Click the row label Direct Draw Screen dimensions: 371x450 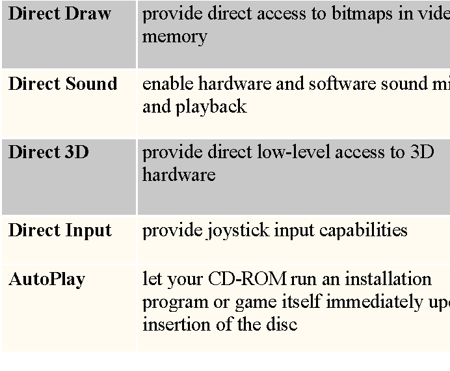[59, 14]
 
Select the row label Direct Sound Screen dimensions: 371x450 [62, 83]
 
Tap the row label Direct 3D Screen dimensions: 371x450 [48, 152]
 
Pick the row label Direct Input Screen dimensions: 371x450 [60, 230]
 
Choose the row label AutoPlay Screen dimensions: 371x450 [47, 280]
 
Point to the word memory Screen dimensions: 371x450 [174, 36]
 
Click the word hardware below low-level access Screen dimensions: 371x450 [178, 175]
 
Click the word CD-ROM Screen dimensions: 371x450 [247, 279]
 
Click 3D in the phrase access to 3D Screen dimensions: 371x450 [422, 152]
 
